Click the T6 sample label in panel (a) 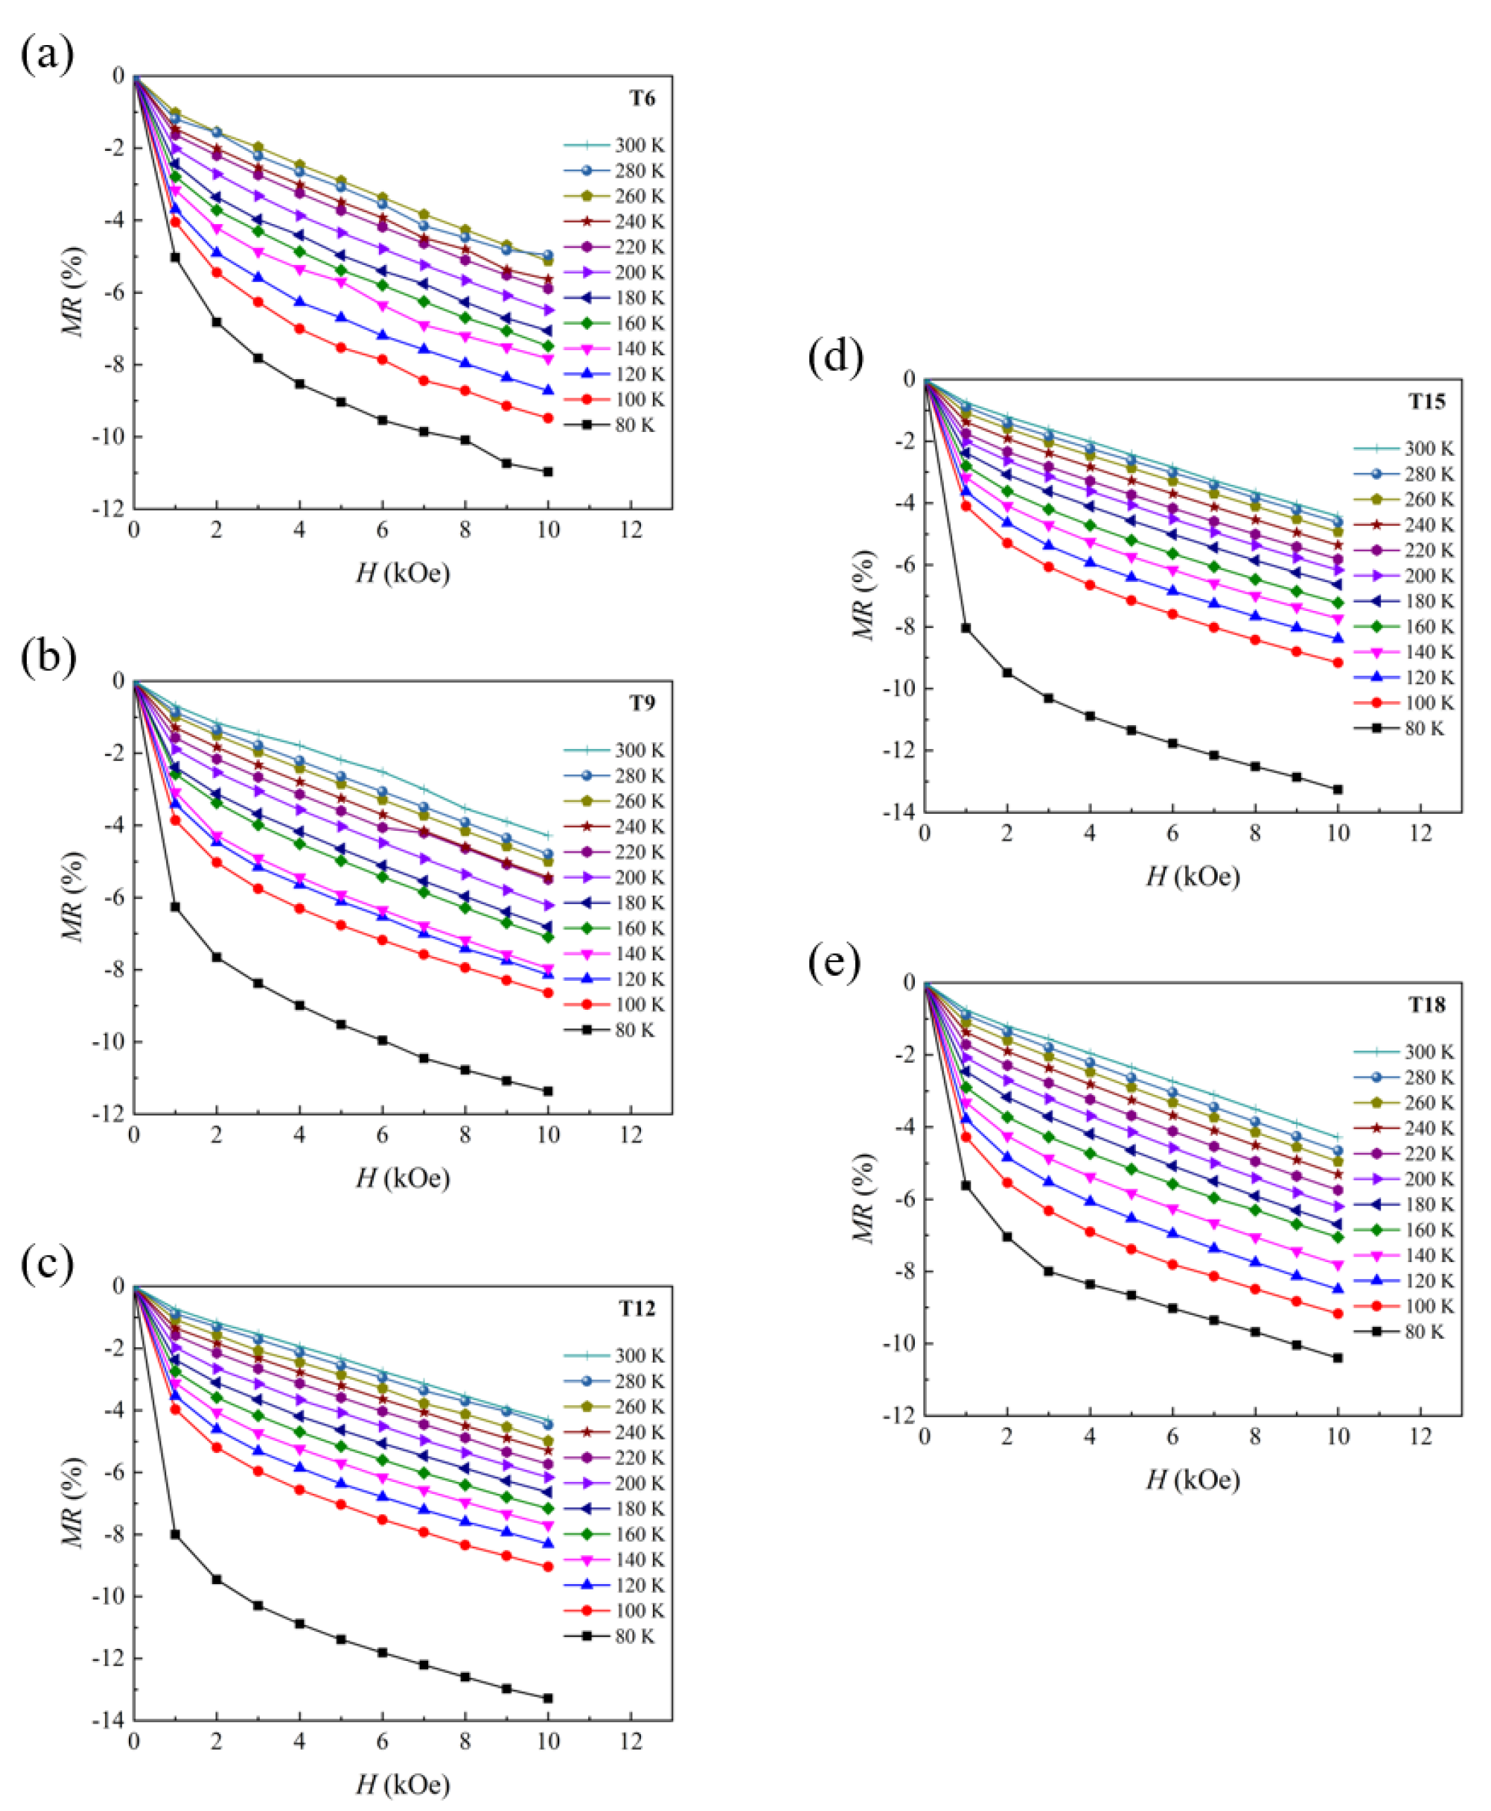[642, 99]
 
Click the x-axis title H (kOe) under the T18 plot [1193, 1479]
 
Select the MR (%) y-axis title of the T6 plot [74, 292]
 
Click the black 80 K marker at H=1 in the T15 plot [966, 628]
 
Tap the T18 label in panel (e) [1427, 1004]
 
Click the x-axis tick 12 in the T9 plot [631, 1136]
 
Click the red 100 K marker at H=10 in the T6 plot [548, 419]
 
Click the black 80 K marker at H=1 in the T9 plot [175, 907]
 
